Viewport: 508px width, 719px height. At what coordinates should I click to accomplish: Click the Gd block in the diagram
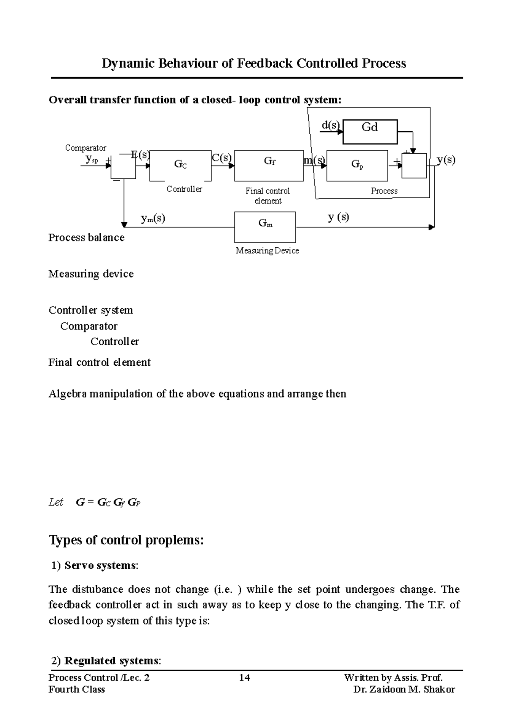(x=370, y=132)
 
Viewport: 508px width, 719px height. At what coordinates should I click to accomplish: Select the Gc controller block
(x=180, y=165)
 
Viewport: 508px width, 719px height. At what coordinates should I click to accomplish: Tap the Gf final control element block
(x=269, y=165)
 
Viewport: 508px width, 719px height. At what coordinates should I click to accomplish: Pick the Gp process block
(x=357, y=165)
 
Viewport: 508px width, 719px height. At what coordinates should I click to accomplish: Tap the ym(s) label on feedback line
(x=153, y=218)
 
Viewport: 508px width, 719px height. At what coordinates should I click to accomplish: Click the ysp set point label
(x=91, y=159)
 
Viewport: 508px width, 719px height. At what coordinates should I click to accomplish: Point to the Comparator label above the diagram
(x=86, y=148)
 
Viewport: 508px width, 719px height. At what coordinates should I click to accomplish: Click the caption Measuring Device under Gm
(x=267, y=251)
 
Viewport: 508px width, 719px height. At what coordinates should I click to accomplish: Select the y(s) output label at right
(x=446, y=160)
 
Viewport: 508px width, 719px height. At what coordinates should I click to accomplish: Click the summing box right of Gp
(x=414, y=166)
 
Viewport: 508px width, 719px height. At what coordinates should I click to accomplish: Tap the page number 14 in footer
(x=244, y=678)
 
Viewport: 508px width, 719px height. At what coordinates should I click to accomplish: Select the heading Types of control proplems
(x=127, y=540)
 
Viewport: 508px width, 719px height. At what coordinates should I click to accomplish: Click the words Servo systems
(x=100, y=565)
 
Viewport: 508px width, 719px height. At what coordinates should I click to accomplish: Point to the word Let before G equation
(x=56, y=502)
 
